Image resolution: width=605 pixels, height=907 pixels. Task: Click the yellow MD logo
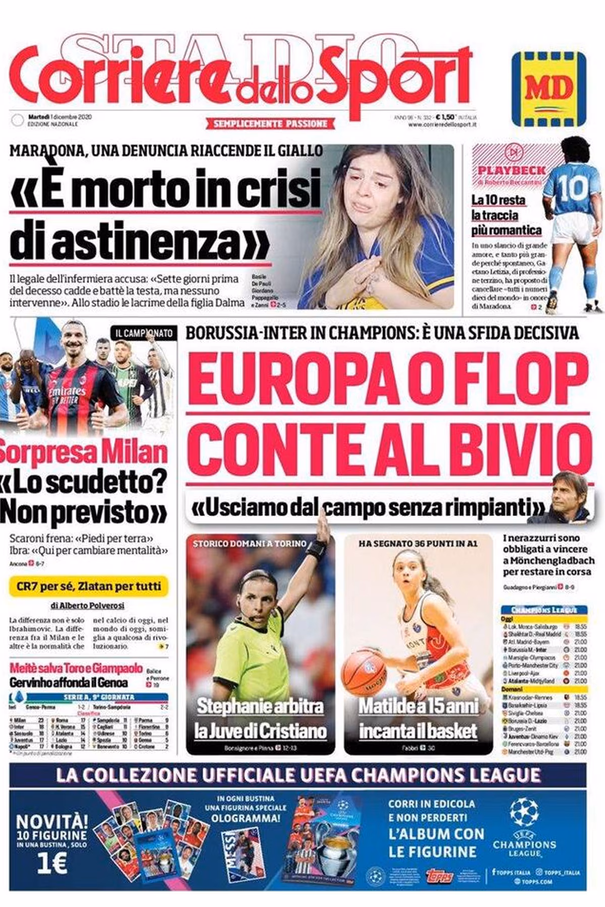(x=549, y=89)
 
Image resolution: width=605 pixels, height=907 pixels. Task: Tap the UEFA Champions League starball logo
(x=524, y=811)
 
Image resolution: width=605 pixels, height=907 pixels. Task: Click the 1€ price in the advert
(x=52, y=863)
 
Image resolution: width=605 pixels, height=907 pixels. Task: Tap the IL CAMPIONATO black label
(x=144, y=333)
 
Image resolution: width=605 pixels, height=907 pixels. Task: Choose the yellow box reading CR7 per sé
(x=89, y=586)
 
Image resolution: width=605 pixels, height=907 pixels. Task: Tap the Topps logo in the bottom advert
(x=439, y=875)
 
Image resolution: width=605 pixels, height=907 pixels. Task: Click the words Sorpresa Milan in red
(x=83, y=452)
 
